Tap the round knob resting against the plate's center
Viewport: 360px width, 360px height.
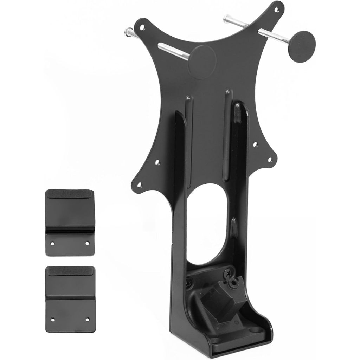pos(204,57)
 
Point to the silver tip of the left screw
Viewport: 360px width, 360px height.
pos(127,33)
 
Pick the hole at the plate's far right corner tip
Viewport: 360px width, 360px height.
pos(270,159)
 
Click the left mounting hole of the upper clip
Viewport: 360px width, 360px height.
pos(52,243)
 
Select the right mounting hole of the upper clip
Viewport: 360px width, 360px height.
pos(88,243)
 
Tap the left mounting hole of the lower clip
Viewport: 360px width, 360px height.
pos(52,320)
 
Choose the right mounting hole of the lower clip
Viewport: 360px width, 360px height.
pos(88,320)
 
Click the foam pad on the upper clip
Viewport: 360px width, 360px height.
pos(70,194)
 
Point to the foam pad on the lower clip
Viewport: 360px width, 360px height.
pos(70,271)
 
